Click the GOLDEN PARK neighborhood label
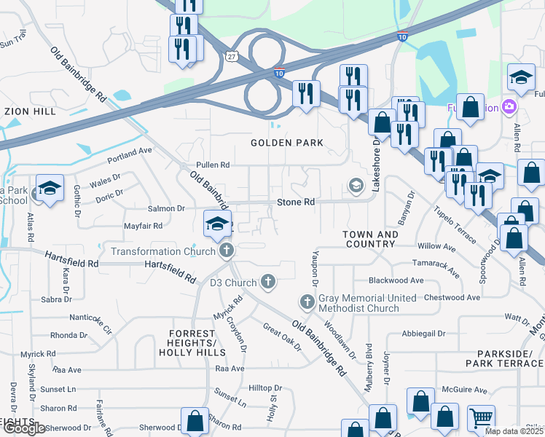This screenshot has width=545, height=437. coord(286,143)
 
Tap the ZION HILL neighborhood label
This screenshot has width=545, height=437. coord(29,111)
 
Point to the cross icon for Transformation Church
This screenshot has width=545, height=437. coord(227,251)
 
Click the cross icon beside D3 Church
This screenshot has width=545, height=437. coord(268,282)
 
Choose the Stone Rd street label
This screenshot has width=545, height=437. coord(295,202)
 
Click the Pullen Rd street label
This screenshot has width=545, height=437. coord(213,165)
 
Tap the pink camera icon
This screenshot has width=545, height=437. coord(509,108)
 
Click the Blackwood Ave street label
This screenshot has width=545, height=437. coord(396,280)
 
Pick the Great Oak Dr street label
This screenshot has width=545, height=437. coord(282,336)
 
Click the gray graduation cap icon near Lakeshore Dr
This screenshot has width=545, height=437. coord(356,184)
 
